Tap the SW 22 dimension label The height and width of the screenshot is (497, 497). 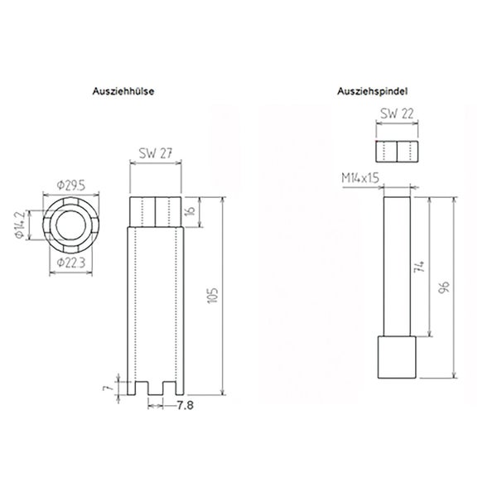point(396,116)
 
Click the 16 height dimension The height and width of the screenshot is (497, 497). point(190,211)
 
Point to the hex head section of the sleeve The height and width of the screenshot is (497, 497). point(155,211)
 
